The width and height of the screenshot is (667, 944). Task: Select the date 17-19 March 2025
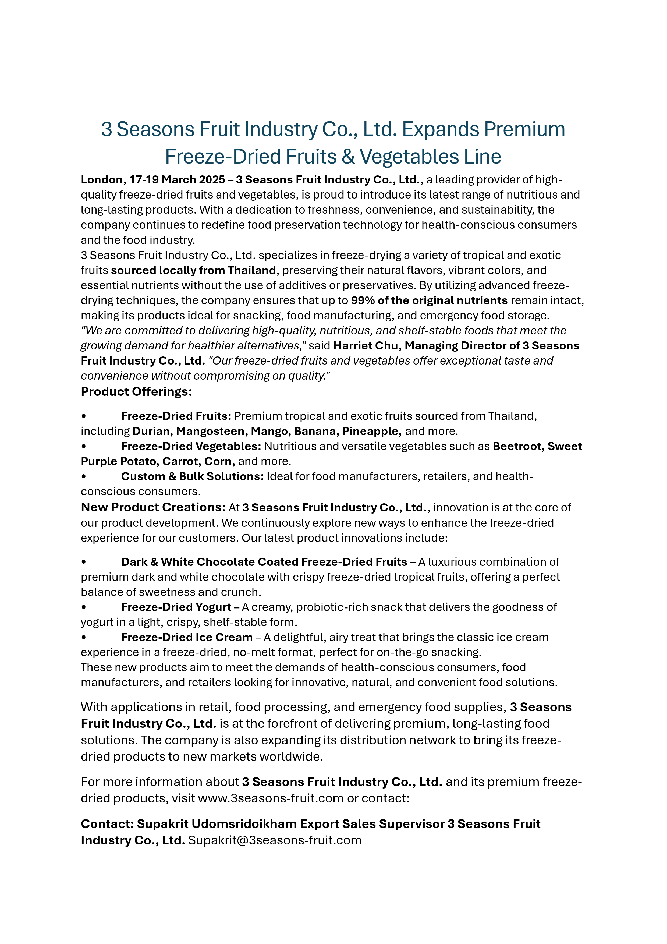177,180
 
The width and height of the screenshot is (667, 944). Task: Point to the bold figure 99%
363,300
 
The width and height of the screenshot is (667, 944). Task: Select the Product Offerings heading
136,391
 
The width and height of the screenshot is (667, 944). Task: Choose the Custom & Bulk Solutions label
192,476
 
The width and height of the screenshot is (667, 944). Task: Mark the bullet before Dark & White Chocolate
84,562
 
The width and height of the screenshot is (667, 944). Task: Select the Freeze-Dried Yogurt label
176,607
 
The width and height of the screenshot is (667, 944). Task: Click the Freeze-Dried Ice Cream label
187,637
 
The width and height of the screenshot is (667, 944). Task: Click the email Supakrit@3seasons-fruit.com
275,840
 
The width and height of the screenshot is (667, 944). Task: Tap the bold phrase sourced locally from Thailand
193,271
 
